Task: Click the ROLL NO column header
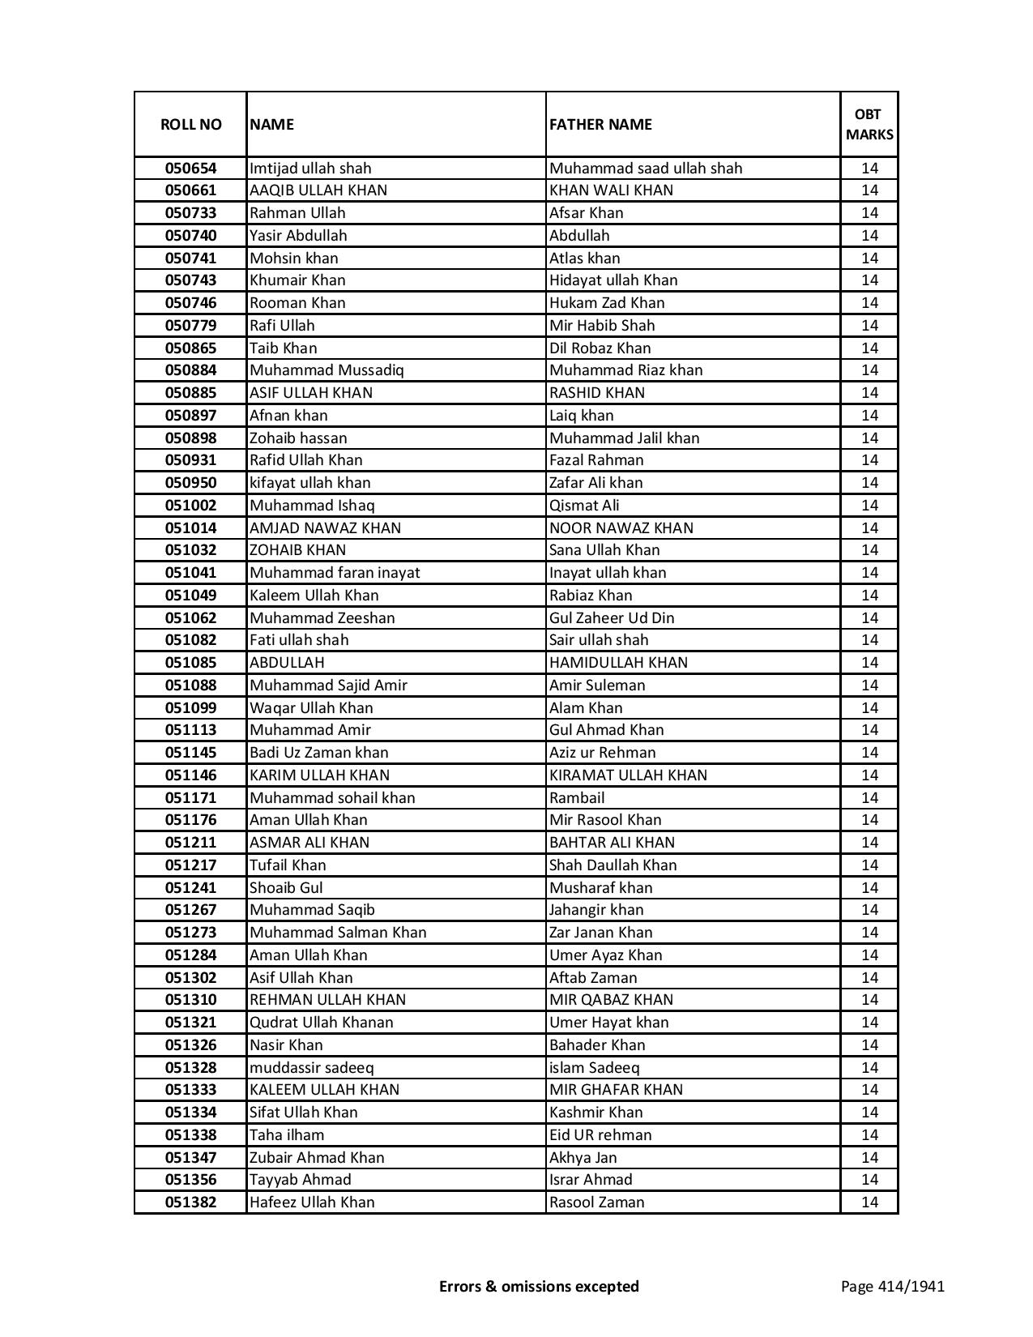tap(190, 124)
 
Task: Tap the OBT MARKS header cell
tap(869, 124)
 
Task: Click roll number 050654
tap(190, 169)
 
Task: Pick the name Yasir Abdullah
tap(298, 236)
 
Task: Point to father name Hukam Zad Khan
tap(607, 303)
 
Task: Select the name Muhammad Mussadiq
tap(327, 370)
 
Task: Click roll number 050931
tap(190, 460)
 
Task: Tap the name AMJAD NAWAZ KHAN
tap(325, 528)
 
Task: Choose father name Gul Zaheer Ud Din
tap(612, 618)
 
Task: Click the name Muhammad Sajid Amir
tap(328, 686)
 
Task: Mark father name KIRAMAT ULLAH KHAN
tap(628, 775)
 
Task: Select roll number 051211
tap(190, 843)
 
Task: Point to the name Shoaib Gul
tap(286, 888)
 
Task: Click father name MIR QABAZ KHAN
tap(611, 1000)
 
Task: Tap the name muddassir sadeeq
tap(312, 1068)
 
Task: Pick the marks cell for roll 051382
tap(869, 1202)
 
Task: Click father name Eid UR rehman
tap(600, 1135)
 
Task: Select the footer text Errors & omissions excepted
tap(539, 1287)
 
